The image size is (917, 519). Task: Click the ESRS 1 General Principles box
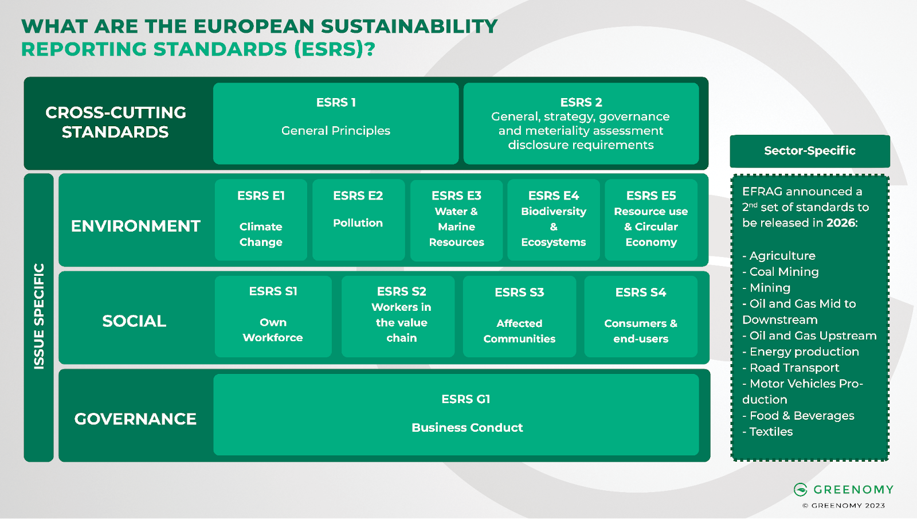(x=336, y=123)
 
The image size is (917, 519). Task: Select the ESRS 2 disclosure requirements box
(x=581, y=123)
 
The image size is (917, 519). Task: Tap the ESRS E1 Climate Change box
(x=261, y=220)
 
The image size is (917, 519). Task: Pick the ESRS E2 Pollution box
(x=358, y=220)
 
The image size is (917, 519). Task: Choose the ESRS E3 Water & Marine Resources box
(x=456, y=220)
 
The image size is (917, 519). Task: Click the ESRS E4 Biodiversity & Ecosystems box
(x=554, y=220)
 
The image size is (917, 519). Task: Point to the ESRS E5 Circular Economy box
(x=651, y=220)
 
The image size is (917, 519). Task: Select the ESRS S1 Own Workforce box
(x=273, y=316)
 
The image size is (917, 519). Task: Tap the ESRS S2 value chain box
(x=401, y=316)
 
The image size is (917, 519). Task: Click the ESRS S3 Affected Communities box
(x=519, y=316)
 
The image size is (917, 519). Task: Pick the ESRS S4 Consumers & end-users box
(x=641, y=316)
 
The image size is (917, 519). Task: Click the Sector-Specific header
(x=809, y=151)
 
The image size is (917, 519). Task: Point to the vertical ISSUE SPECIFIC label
(x=39, y=317)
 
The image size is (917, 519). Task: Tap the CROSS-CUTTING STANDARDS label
(x=116, y=122)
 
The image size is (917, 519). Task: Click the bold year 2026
(x=840, y=223)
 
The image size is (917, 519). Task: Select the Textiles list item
(x=771, y=432)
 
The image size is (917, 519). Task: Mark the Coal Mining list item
(x=783, y=272)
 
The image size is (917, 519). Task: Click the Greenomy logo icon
(x=801, y=489)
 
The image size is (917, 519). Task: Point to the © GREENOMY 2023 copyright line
(x=844, y=506)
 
